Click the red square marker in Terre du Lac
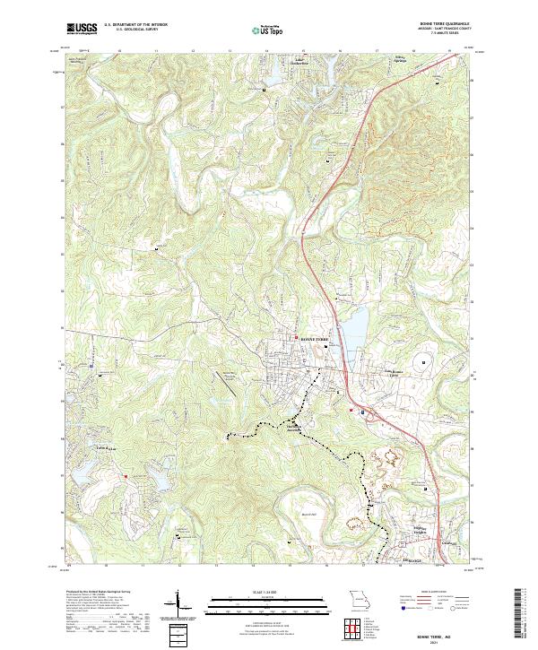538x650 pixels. pyautogui.click(x=126, y=476)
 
